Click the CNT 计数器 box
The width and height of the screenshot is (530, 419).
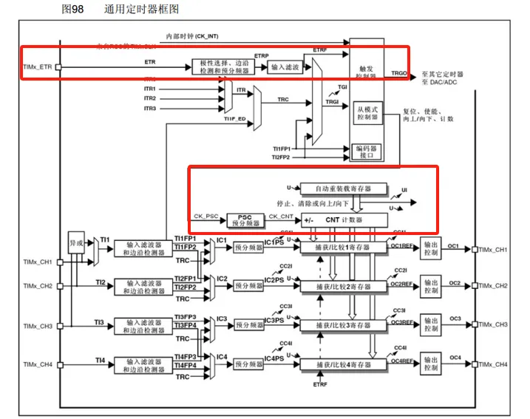click(x=344, y=219)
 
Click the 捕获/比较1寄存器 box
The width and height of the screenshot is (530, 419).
click(x=342, y=248)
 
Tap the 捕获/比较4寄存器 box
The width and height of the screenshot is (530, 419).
click(x=342, y=364)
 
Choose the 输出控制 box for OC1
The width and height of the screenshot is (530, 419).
click(x=432, y=251)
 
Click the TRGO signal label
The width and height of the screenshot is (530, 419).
click(x=400, y=74)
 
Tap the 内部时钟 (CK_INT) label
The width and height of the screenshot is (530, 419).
click(x=191, y=35)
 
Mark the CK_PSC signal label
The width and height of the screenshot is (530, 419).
click(x=207, y=216)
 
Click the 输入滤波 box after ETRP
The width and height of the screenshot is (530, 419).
click(x=285, y=67)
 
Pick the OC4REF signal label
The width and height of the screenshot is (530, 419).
click(x=402, y=361)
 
